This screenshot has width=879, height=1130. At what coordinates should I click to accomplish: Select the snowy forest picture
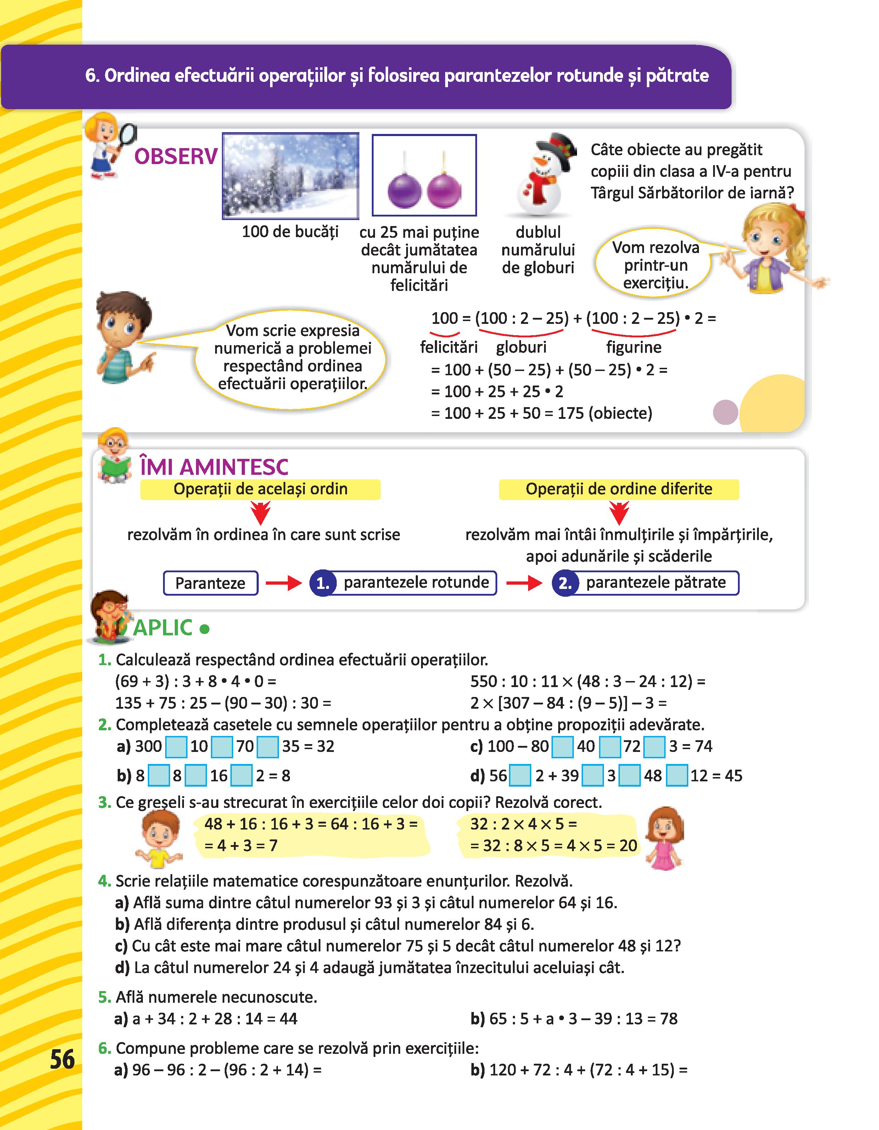tap(290, 176)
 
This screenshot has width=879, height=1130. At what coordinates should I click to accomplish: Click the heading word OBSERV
tap(175, 156)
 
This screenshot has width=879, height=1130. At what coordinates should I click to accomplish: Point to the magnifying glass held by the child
tap(126, 136)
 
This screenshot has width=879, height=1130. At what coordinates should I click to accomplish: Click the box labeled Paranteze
tap(210, 583)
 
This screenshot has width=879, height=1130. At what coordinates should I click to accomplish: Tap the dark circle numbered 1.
tap(323, 583)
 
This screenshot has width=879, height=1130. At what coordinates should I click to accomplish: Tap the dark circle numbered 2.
tap(565, 583)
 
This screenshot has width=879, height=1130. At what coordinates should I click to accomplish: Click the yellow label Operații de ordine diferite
tap(618, 489)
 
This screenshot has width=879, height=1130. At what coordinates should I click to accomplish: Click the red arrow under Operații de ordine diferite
tap(618, 513)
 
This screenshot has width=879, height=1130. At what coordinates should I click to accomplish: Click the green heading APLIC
tap(163, 628)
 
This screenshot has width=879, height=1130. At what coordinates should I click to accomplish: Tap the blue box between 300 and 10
tap(176, 747)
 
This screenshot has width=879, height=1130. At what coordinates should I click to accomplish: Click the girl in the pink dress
tap(665, 839)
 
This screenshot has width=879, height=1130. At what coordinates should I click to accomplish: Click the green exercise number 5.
tap(104, 997)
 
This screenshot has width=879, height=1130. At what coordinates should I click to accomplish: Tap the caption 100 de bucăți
tap(290, 232)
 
